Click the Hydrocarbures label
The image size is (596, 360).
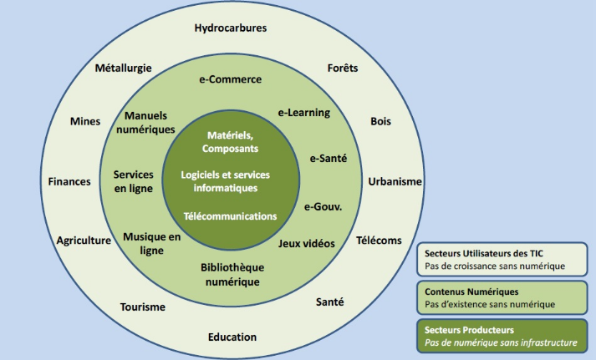(x=231, y=28)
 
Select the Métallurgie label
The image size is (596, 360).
(x=123, y=68)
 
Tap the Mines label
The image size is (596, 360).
(x=85, y=121)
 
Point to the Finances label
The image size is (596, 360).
(x=69, y=181)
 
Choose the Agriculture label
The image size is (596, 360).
(x=84, y=241)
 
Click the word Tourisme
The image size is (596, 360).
(x=142, y=307)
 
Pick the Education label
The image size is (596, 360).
(x=232, y=337)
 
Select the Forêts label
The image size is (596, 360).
(x=343, y=68)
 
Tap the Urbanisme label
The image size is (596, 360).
(x=395, y=181)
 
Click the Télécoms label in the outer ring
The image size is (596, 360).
(x=379, y=241)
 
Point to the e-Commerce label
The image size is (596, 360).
(x=230, y=79)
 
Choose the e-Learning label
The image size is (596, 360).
(x=303, y=113)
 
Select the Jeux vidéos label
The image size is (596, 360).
(x=306, y=243)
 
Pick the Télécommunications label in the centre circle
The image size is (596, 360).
(x=230, y=215)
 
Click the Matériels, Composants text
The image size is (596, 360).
(x=230, y=141)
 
